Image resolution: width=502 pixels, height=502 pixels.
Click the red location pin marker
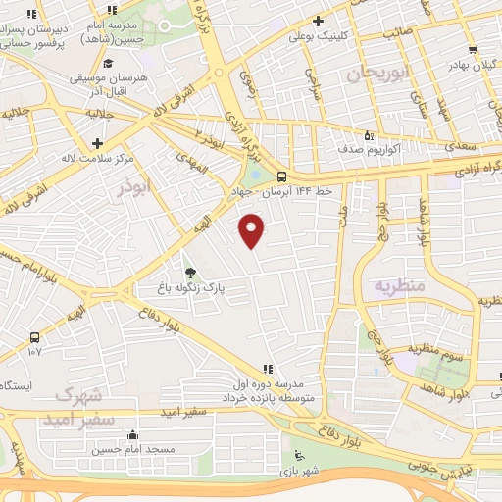click(252, 230)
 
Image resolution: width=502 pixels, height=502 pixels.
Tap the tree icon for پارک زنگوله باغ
click(189, 272)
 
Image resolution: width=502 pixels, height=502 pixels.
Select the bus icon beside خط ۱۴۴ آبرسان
click(282, 177)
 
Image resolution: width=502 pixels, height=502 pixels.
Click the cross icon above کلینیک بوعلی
click(318, 21)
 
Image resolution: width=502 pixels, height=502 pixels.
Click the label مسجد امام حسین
click(133, 448)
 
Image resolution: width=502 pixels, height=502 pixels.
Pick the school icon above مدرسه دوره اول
click(267, 369)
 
